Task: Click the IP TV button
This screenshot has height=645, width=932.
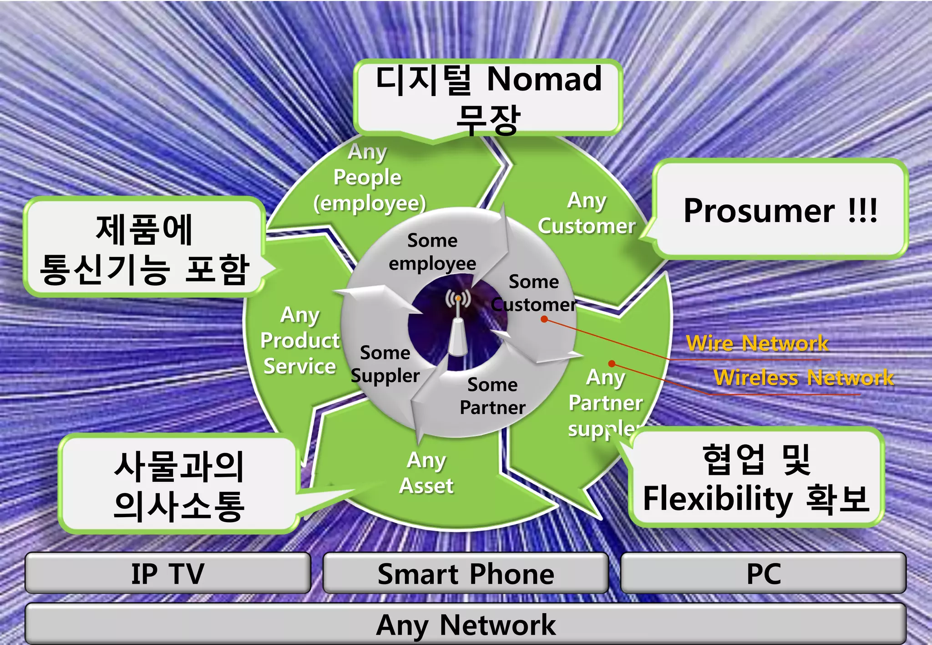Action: point(167,573)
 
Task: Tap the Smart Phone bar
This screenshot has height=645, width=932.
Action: point(466,573)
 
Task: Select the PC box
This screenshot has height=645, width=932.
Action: point(764,573)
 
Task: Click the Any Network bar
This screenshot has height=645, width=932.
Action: point(466,624)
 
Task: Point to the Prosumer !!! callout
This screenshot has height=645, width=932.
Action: point(780,210)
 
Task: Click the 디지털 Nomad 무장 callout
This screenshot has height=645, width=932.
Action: point(488,98)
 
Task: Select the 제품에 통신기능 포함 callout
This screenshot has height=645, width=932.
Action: point(144,248)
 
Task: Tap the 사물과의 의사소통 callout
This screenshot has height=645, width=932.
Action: point(179,484)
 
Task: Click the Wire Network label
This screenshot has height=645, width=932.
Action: point(757,343)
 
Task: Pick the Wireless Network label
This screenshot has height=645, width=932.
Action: point(803,378)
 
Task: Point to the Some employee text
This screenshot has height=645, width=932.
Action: point(432,252)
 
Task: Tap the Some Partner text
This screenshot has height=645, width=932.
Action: point(492,396)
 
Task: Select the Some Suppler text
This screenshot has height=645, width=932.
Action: point(385,364)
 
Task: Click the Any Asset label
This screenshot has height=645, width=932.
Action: point(426,473)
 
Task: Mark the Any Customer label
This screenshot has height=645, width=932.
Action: point(587,213)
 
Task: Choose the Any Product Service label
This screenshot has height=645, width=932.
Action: point(300,340)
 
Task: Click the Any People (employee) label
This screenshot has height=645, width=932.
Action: point(369,177)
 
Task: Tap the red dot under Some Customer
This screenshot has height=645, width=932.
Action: point(544,319)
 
